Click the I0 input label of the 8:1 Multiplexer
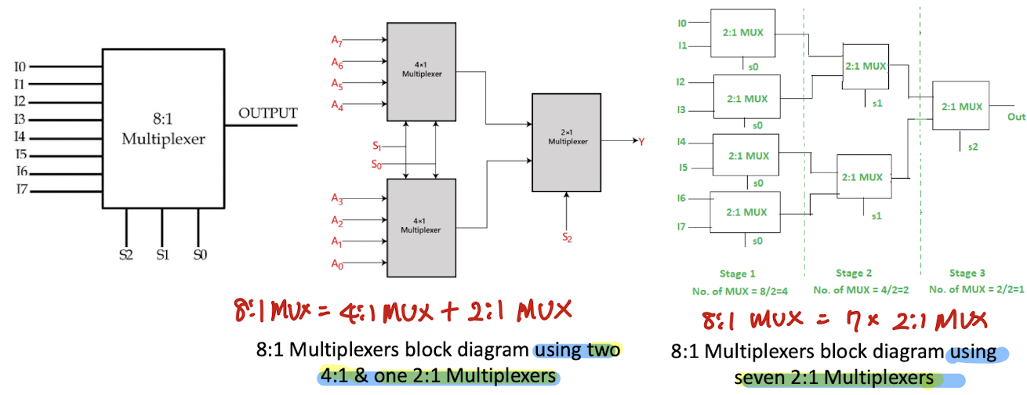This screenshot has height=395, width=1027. click(x=20, y=67)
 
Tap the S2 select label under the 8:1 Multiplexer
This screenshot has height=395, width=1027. click(x=126, y=255)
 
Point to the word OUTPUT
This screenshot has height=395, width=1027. click(x=268, y=113)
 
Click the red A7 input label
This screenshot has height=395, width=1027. click(x=337, y=41)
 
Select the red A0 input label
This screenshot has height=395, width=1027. click(x=337, y=264)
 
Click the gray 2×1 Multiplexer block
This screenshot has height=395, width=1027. click(x=566, y=143)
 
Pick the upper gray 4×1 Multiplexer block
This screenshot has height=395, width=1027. click(x=421, y=72)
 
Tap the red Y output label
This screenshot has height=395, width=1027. click(x=641, y=142)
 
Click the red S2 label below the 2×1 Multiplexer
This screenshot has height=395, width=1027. click(x=567, y=237)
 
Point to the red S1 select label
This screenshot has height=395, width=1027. click(x=377, y=146)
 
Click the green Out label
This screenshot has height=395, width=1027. click(x=1016, y=117)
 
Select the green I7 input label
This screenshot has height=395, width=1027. click(x=681, y=226)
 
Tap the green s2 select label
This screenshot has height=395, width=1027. click(x=973, y=147)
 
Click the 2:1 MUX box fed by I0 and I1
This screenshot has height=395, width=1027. click(x=742, y=33)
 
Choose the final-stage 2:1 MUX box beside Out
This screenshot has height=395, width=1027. click(x=960, y=105)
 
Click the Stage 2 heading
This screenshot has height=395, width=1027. click(x=854, y=273)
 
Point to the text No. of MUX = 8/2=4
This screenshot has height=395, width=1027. click(x=740, y=292)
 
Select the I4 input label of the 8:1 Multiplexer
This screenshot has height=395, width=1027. click(x=20, y=136)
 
